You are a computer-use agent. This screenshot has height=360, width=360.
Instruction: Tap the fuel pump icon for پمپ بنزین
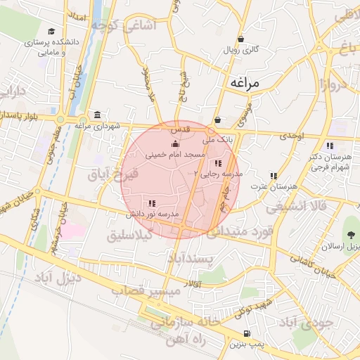pos(246,334)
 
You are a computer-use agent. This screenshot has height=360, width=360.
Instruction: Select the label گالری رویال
pos(241,50)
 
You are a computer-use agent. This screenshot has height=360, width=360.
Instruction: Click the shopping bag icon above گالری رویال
pos(241,39)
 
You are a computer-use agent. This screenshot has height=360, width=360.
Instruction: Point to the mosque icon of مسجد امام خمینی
pos(174,144)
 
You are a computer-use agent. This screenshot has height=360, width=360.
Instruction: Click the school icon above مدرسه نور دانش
pos(153,202)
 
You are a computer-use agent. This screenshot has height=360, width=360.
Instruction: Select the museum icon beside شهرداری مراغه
pos(96,115)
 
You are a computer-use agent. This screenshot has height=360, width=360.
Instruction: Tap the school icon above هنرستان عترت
pos(274,176)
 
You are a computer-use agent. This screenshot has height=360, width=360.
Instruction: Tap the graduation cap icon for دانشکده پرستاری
pos(51,32)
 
